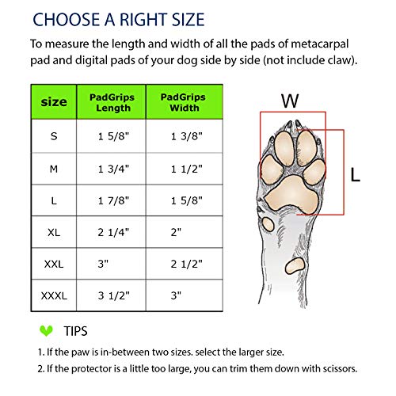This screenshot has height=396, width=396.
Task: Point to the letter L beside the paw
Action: [x=356, y=173]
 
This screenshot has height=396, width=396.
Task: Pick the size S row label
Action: [x=54, y=136]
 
